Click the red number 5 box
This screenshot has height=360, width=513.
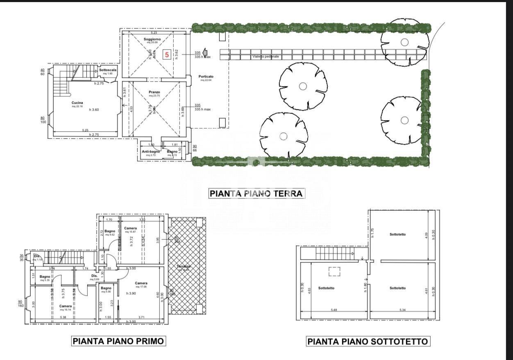tap(167, 54)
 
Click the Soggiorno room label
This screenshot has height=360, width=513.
tap(152, 39)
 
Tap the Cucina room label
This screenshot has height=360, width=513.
tap(77, 103)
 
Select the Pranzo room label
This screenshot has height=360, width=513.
tap(154, 92)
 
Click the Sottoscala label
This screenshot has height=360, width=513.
tap(108, 70)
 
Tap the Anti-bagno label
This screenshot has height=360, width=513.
tap(151, 152)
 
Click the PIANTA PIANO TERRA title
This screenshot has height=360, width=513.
tap(256, 194)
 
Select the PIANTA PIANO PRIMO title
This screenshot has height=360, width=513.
tap(118, 341)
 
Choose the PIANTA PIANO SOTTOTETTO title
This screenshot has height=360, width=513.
tap(368, 341)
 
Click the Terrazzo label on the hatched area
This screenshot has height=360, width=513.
tap(184, 266)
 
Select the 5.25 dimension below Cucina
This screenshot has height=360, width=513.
tap(85, 130)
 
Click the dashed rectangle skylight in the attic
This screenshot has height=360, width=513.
tap(335, 271)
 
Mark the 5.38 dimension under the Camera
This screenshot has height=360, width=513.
tap(63, 317)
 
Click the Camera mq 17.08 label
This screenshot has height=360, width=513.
tap(141, 283)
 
